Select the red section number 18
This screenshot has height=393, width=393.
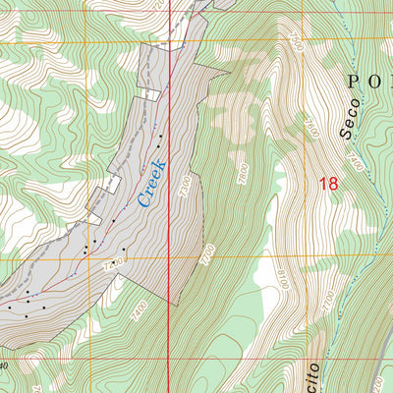click(x=329, y=183)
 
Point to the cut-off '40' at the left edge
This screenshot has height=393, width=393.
click(x=4, y=365)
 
